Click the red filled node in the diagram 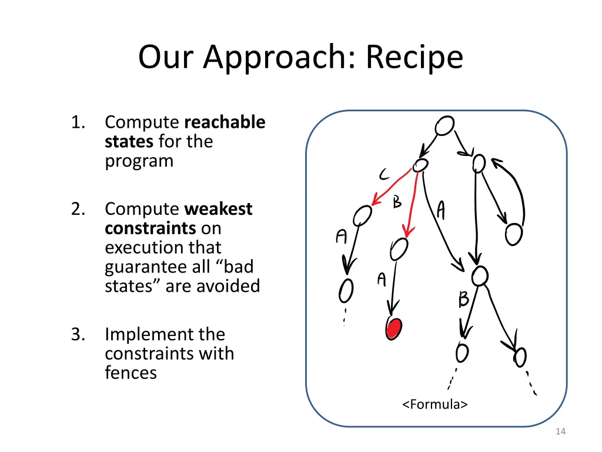point(393,328)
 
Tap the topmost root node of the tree point(444,125)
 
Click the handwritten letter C point(383,174)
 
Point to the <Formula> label point(435,404)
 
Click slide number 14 point(560,432)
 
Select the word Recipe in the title point(414,57)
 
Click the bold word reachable point(225,122)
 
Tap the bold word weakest point(218,209)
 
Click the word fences point(131,373)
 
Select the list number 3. point(77,334)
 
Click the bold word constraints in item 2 point(150,228)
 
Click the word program point(139,161)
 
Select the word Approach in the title point(276,57)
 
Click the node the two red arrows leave point(420,166)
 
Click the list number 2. point(77,209)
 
